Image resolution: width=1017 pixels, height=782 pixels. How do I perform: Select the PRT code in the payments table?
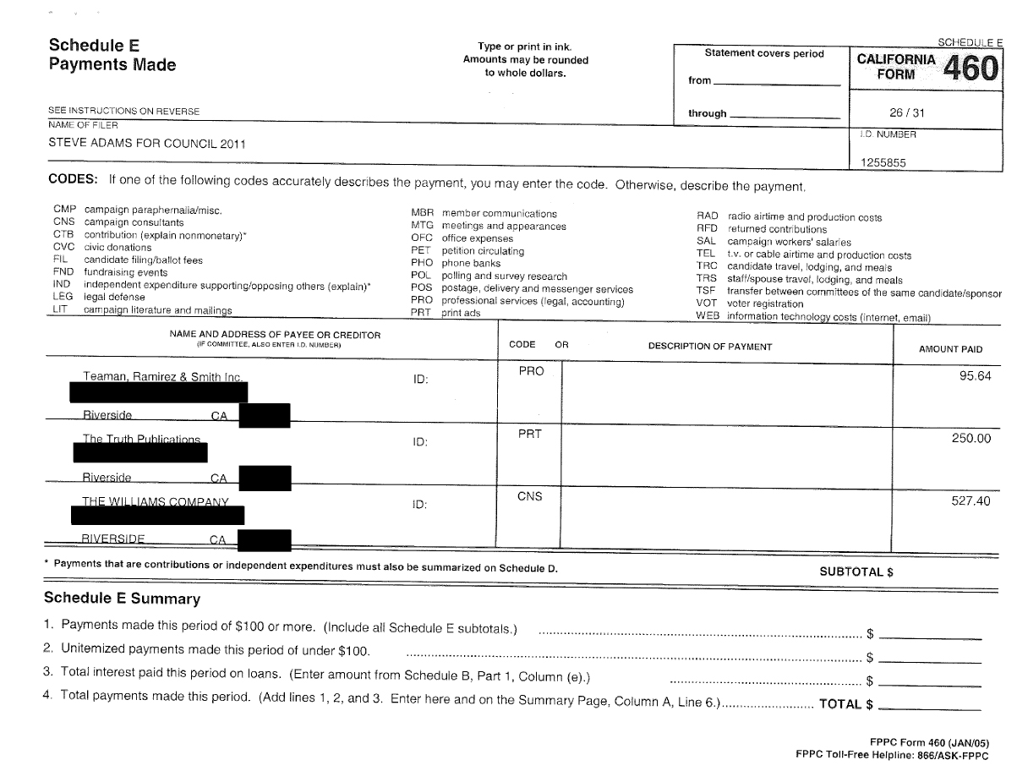tap(529, 435)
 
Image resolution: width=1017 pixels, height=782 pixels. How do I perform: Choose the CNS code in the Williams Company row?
tap(530, 497)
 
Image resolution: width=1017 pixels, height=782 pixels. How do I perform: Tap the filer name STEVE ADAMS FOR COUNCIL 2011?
tap(147, 143)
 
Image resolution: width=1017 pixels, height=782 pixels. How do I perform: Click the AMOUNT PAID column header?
tap(950, 349)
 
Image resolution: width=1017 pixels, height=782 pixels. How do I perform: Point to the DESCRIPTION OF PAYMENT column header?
tap(709, 347)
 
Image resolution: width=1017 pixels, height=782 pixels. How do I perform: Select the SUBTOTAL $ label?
tap(856, 571)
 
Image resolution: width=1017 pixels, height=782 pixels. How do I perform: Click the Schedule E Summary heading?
tap(122, 599)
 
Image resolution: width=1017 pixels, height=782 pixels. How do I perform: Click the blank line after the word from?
tap(777, 82)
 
